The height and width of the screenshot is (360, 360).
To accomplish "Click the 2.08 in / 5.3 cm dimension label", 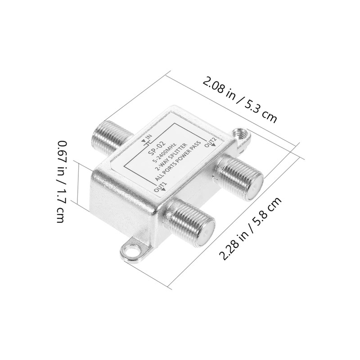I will coord(239,100).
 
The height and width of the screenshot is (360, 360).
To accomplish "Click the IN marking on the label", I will coord(148,138).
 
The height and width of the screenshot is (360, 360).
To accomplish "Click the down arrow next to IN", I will coord(144,140).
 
